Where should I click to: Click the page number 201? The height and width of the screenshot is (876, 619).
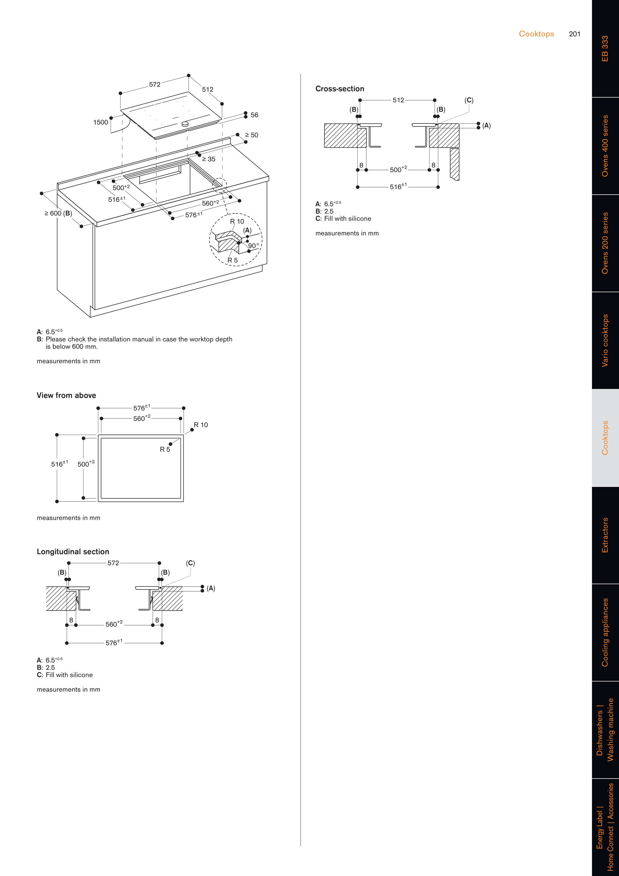574,34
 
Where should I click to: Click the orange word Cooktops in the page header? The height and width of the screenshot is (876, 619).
536,34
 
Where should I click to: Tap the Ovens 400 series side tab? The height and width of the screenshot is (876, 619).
605,146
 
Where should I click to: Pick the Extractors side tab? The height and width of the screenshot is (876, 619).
605,535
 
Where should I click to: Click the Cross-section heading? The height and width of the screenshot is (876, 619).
339,89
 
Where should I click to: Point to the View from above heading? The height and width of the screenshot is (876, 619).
66,395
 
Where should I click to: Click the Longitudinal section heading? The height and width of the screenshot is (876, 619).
73,552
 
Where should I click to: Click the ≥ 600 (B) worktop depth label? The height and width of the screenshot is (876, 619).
58,213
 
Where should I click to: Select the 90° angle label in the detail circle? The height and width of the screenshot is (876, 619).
254,246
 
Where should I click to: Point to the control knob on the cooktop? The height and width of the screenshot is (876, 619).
185,124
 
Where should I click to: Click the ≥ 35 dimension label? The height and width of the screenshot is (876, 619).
209,159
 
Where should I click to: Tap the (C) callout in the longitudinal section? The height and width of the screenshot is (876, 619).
190,563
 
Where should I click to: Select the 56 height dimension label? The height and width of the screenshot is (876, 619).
254,115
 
